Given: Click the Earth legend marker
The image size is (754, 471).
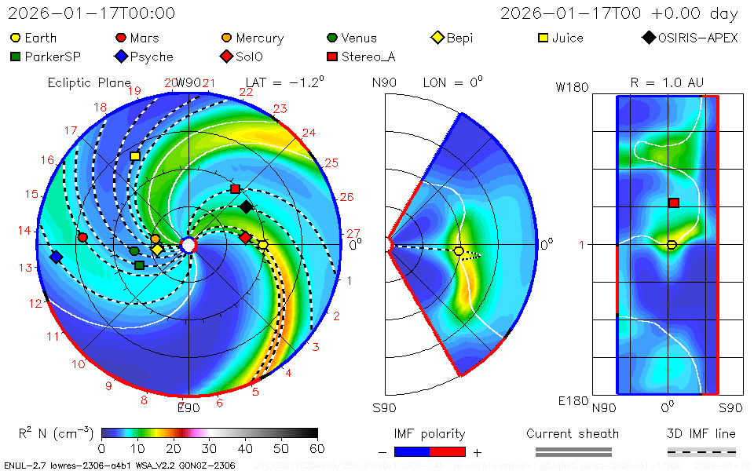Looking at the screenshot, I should click(16, 38).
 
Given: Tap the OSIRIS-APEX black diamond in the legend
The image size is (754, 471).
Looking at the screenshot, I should click(648, 38).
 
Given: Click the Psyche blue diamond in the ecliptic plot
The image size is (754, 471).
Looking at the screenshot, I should click(56, 257).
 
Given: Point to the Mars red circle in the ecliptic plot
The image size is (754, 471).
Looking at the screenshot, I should click(82, 237).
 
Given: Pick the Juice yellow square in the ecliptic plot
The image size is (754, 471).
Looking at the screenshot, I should click(135, 156).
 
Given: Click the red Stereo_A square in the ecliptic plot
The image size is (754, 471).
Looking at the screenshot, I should click(235, 189).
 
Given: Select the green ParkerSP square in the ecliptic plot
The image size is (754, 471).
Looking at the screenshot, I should click(139, 265).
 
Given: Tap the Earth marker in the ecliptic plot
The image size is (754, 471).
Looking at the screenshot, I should click(263, 245).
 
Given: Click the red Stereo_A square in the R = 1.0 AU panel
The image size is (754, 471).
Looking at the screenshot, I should click(673, 203).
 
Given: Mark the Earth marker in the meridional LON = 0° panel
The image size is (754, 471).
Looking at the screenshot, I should click(459, 251).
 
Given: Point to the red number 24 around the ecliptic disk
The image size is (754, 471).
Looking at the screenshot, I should click(309, 133).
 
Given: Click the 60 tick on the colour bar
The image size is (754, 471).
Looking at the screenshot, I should click(317, 448).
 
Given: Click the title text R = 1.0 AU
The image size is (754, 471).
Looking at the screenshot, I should click(667, 82).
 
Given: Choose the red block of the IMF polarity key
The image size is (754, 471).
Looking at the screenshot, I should click(448, 451).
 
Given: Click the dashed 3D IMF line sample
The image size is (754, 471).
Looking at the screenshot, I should click(701, 451).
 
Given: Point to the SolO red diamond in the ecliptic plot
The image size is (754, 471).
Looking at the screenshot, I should click(246, 237).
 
